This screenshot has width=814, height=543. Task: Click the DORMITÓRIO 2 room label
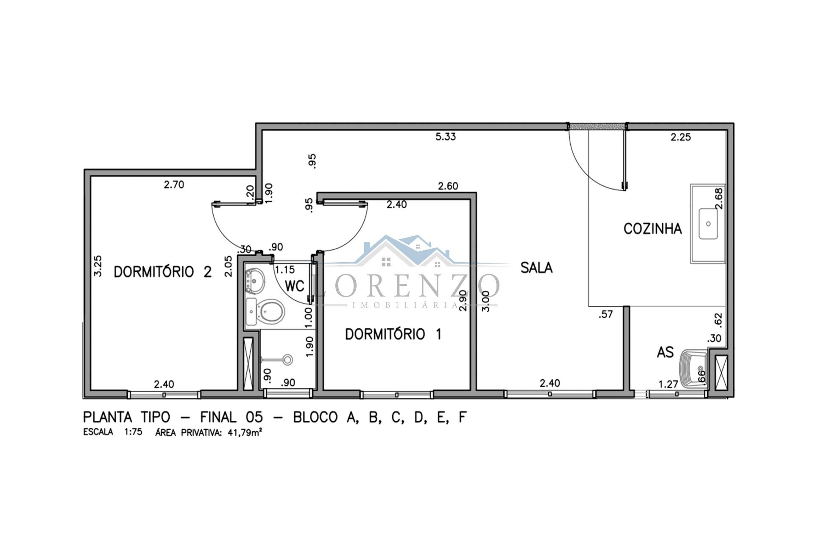tap(163, 271)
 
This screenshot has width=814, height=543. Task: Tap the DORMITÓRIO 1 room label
tap(393, 334)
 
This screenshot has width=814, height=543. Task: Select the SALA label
tap(536, 268)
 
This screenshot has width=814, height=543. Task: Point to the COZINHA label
tap(652, 229)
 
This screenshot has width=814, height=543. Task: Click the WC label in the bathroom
tap(295, 286)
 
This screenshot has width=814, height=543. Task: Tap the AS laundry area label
tap(665, 352)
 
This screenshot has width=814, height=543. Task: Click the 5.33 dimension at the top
tap(446, 137)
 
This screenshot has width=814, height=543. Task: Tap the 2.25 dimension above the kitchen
tap(680, 137)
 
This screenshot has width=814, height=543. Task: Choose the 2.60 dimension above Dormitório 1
tap(448, 186)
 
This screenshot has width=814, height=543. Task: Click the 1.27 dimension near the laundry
tap(668, 384)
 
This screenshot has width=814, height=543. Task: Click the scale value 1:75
tap(133, 433)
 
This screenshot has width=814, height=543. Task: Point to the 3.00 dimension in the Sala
tap(486, 301)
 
